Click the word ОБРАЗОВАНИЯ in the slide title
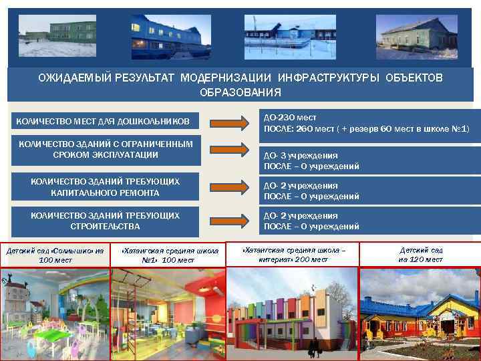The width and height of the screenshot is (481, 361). tap(240, 92)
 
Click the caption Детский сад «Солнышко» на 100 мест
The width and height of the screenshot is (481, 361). tap(55, 255)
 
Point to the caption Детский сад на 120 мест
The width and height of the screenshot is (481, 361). tap(420, 255)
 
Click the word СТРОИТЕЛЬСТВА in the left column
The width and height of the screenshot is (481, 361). tap(106, 227)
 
